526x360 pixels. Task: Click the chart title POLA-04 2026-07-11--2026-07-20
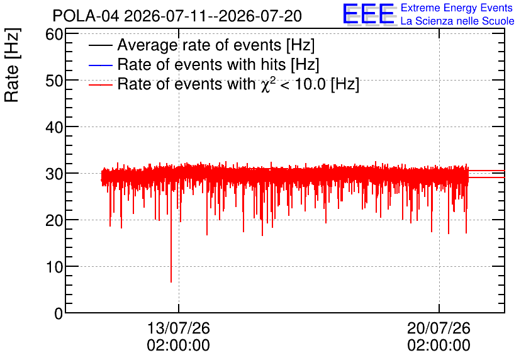pyautogui.click(x=177, y=16)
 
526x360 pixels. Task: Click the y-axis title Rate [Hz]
pyautogui.click(x=12, y=65)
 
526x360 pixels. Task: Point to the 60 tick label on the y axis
pyautogui.click(x=54, y=34)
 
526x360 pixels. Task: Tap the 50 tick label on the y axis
pyautogui.click(x=54, y=80)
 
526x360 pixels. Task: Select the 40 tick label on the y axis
pyautogui.click(x=54, y=127)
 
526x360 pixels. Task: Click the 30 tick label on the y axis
pyautogui.click(x=54, y=174)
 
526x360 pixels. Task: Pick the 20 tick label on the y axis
pyautogui.click(x=54, y=220)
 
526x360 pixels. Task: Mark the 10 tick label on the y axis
pyautogui.click(x=54, y=267)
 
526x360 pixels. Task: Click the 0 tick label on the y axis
pyautogui.click(x=59, y=313)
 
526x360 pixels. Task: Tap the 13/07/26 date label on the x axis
pyautogui.click(x=179, y=328)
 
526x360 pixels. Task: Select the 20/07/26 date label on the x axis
pyautogui.click(x=439, y=328)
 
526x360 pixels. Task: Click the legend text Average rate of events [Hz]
pyautogui.click(x=216, y=45)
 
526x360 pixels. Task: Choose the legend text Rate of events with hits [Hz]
pyautogui.click(x=218, y=64)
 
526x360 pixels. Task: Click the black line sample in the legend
pyautogui.click(x=100, y=45)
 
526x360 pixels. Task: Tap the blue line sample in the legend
pyautogui.click(x=100, y=65)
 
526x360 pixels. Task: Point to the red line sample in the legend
pyautogui.click(x=100, y=84)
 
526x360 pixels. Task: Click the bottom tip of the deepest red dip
pyautogui.click(x=171, y=282)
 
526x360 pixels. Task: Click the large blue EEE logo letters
pyautogui.click(x=369, y=14)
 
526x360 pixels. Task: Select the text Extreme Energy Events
pyautogui.click(x=457, y=8)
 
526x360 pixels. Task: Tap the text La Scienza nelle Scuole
pyautogui.click(x=457, y=21)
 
